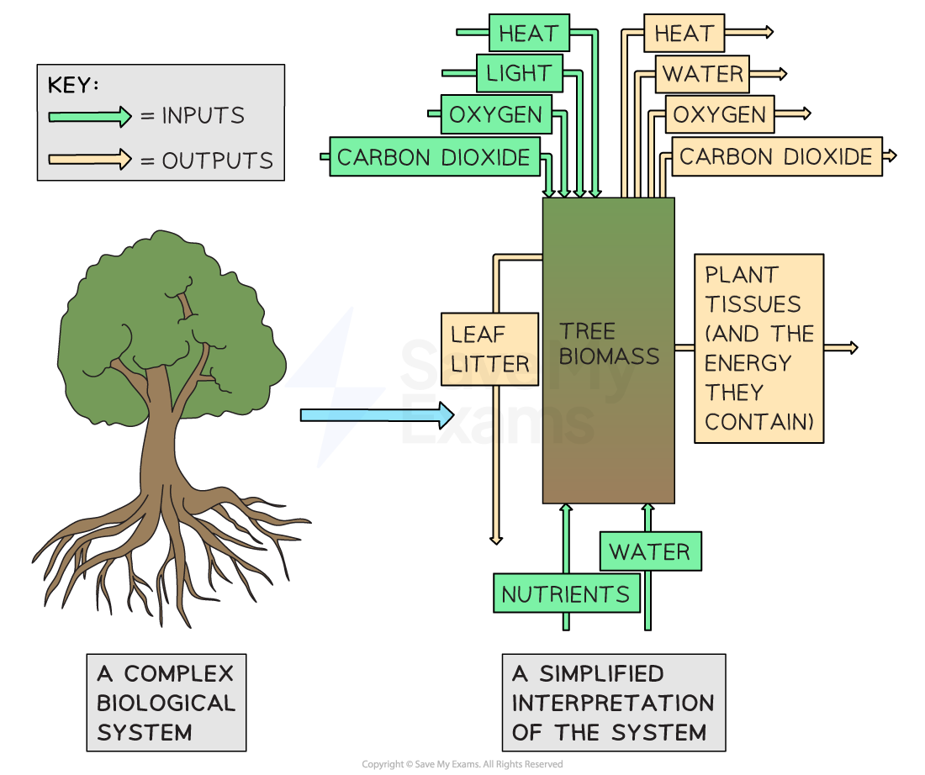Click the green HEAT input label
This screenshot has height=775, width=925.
(x=529, y=34)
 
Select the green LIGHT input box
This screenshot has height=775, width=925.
(x=518, y=73)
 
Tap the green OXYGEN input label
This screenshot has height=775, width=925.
(x=496, y=114)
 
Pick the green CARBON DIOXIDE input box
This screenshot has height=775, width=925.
(x=434, y=156)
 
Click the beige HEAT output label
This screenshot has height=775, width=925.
(x=684, y=34)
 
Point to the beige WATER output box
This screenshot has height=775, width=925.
(x=703, y=74)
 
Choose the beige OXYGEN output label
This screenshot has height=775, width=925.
(x=720, y=115)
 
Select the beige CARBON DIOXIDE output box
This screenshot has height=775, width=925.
(x=776, y=157)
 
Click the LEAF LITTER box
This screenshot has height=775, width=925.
(x=489, y=349)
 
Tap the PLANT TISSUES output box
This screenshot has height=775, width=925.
(x=758, y=348)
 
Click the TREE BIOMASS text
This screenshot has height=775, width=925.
(x=609, y=344)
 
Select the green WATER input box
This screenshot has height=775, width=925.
(x=650, y=552)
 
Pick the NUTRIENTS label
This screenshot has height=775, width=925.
(x=565, y=594)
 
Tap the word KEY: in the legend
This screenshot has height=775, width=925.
(x=74, y=85)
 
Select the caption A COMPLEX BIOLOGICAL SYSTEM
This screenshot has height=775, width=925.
(x=166, y=703)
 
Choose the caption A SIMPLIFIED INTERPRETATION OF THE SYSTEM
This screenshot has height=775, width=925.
(x=613, y=703)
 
